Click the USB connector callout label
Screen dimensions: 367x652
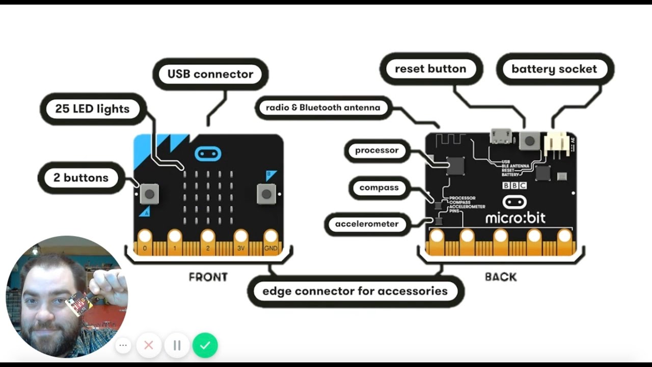[x=210, y=74]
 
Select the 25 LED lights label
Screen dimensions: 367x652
[x=92, y=109]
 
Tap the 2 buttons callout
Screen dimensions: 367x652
[x=81, y=178]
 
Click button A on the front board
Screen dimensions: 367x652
[x=149, y=193]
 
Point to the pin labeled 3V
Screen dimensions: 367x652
[x=241, y=238]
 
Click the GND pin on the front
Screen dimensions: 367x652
[x=270, y=238]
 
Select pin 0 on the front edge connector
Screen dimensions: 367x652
[x=145, y=238]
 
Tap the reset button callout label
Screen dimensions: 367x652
[x=430, y=69]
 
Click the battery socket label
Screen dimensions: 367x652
[x=554, y=69]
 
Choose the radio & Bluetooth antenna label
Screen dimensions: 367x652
[x=323, y=108]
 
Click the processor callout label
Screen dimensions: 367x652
[x=377, y=150]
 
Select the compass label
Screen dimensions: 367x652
[x=379, y=188]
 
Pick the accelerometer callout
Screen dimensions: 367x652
[x=367, y=224]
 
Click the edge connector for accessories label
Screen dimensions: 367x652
[x=355, y=292]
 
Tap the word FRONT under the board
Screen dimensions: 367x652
[x=208, y=277]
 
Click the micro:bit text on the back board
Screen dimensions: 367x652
[x=515, y=218]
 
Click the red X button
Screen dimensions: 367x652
[x=149, y=345]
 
